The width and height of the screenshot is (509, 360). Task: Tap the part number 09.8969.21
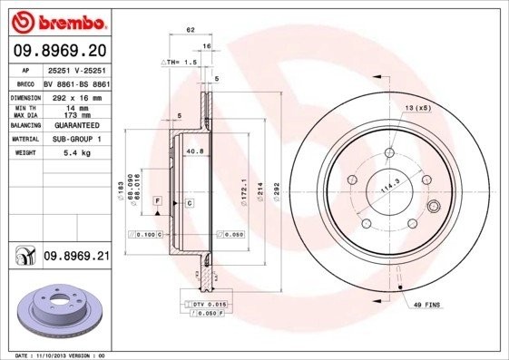click(x=76, y=257)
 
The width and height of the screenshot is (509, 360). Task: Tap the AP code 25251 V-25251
click(x=77, y=69)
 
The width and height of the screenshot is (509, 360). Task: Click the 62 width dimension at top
click(x=191, y=31)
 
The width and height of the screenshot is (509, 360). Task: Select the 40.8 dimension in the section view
click(x=193, y=151)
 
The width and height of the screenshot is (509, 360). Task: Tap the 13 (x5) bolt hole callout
click(x=417, y=109)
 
